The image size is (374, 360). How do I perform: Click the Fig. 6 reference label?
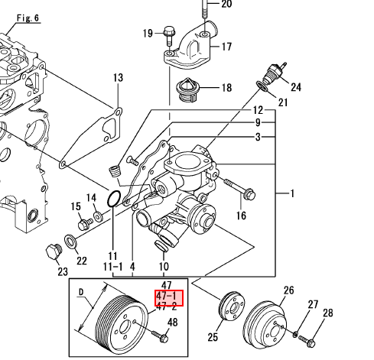28,18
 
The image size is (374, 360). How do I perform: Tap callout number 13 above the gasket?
118,78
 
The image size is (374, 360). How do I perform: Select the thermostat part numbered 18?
187,89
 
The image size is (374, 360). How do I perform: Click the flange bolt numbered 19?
169,37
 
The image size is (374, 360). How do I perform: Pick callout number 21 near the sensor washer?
283,102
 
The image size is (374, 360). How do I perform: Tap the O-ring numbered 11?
114,199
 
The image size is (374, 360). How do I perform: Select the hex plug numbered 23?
54,251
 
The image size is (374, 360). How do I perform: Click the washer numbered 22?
71,242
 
